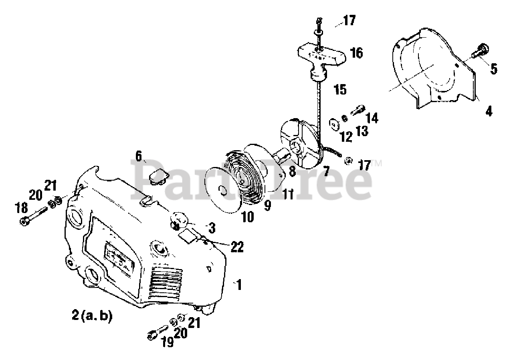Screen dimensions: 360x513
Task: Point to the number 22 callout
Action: coord(237,247)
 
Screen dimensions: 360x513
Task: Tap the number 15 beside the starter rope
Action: coord(340,90)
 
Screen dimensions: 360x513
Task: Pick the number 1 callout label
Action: coord(239,285)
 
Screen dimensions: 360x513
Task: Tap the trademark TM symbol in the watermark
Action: coord(377,163)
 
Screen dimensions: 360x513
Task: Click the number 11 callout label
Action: coord(287,195)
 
